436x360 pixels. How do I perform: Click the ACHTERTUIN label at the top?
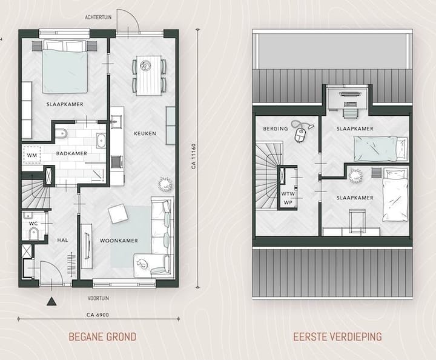tap(99, 18)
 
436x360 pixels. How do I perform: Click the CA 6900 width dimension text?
tap(98, 315)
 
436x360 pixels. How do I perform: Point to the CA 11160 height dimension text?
tap(193, 157)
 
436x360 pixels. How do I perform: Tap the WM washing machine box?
tap(31, 155)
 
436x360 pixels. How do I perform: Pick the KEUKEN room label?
tap(146, 133)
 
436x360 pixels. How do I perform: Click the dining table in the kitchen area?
tap(150, 75)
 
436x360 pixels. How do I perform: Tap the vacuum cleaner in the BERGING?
tap(299, 130)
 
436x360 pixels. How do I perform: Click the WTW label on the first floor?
tap(288, 194)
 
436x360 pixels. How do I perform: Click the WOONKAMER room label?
tap(118, 241)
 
